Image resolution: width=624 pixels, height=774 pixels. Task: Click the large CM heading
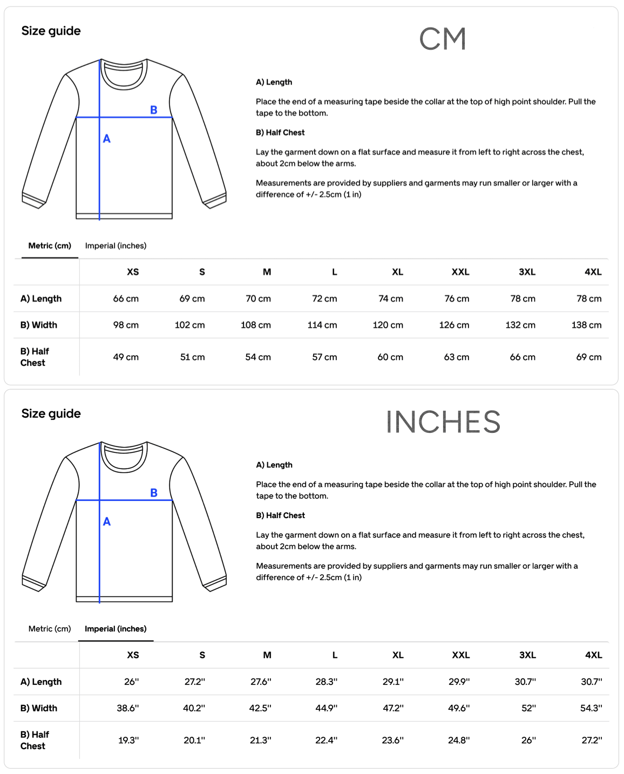click(442, 39)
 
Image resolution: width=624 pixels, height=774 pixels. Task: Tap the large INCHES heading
click(443, 422)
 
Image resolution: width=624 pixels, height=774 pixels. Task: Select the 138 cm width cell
click(586, 325)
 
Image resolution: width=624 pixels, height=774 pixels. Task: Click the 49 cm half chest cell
click(126, 357)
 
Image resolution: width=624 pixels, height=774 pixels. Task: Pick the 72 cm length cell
click(324, 298)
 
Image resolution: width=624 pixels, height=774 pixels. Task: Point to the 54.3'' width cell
click(591, 708)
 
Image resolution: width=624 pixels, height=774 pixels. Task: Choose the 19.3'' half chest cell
click(128, 740)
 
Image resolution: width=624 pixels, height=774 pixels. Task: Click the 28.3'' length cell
click(327, 682)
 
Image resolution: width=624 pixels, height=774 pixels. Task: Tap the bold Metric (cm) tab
click(50, 246)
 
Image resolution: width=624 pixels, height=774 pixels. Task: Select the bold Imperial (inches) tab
click(116, 629)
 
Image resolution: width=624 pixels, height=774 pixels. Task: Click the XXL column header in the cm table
click(460, 272)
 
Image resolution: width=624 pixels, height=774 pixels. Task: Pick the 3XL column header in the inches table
click(527, 655)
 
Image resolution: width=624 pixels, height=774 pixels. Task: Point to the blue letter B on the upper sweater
click(154, 110)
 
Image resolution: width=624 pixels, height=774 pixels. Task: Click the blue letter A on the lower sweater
click(107, 521)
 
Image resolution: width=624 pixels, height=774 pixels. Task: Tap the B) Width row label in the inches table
click(39, 708)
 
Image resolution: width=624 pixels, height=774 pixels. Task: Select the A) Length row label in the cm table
click(41, 298)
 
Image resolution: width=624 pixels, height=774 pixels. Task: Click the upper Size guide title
click(51, 31)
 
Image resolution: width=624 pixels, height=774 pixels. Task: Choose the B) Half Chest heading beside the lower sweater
click(280, 515)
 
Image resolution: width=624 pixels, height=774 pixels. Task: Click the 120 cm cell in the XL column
click(388, 325)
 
